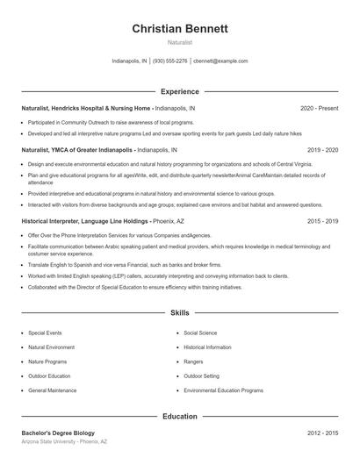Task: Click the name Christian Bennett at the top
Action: click(180, 29)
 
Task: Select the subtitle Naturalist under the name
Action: click(180, 43)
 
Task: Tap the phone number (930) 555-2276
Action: click(170, 61)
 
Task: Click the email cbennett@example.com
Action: click(220, 61)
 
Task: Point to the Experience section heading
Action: click(180, 91)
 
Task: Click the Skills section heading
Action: click(180, 312)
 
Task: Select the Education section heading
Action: click(180, 416)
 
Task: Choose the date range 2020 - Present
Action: click(319, 108)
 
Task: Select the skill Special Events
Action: click(45, 333)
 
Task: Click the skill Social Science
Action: click(200, 333)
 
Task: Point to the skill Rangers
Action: click(193, 361)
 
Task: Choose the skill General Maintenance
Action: click(52, 390)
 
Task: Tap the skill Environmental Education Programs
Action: click(223, 390)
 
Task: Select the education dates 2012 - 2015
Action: click(321, 433)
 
